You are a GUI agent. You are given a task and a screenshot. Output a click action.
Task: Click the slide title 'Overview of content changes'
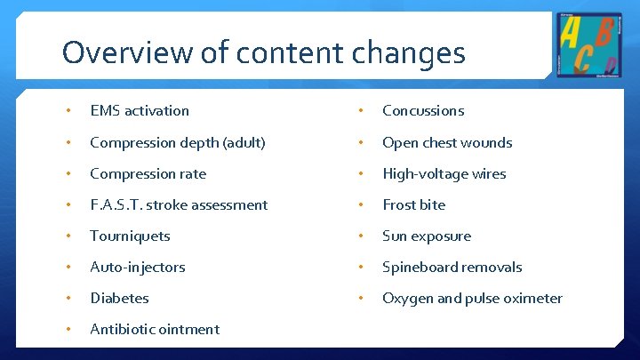(263, 52)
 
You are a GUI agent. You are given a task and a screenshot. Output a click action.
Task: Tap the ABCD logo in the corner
(588, 44)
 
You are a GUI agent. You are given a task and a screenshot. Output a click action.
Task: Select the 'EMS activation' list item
(140, 111)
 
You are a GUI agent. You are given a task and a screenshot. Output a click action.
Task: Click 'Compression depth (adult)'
(178, 142)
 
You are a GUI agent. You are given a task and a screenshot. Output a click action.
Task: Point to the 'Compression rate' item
(148, 173)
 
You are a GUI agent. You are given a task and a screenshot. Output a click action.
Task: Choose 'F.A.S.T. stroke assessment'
(179, 204)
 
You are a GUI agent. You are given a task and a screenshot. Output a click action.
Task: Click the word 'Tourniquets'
(130, 236)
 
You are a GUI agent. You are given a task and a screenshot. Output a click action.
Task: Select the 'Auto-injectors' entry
(138, 267)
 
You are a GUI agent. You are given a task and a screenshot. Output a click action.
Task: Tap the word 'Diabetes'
(119, 298)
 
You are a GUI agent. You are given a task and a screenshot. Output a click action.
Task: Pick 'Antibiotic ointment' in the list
(155, 329)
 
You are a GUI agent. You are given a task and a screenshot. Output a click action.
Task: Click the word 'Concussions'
(423, 111)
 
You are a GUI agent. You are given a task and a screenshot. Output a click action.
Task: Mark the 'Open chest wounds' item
(447, 142)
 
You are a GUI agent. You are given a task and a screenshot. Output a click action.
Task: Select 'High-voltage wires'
(444, 173)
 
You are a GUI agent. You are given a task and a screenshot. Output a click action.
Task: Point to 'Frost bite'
(413, 204)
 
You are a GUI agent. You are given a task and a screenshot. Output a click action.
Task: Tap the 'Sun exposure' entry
(427, 236)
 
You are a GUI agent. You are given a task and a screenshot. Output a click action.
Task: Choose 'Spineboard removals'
(452, 267)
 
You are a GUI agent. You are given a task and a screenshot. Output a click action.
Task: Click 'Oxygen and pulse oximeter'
(472, 298)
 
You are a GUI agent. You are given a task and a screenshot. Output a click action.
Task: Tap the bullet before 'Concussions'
(359, 111)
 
